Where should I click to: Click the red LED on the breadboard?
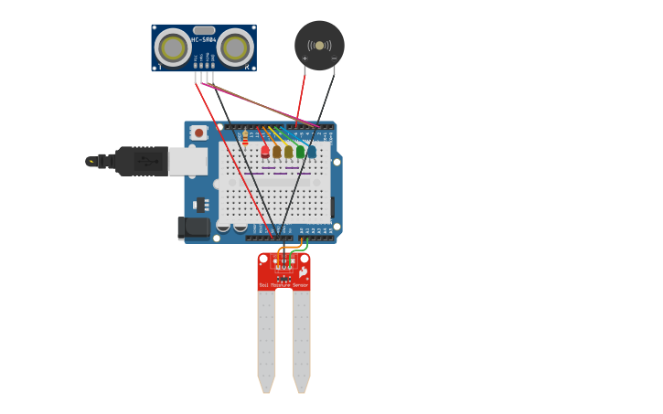click(x=265, y=152)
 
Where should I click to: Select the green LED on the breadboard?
click(x=300, y=152)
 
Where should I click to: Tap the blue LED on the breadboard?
click(x=312, y=152)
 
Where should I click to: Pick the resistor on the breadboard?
click(x=245, y=138)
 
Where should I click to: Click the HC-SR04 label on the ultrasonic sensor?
click(x=203, y=39)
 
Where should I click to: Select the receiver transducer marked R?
click(x=235, y=48)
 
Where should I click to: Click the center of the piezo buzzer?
click(x=319, y=45)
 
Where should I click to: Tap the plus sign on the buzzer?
click(x=305, y=58)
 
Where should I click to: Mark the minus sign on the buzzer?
click(x=334, y=58)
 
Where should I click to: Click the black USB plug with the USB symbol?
click(x=137, y=161)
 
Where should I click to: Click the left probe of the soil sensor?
click(x=266, y=338)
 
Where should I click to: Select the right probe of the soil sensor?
click(x=301, y=338)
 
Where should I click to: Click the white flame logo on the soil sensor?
click(x=303, y=272)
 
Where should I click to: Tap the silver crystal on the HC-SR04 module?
click(x=204, y=30)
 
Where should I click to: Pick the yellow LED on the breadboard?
click(x=277, y=152)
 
